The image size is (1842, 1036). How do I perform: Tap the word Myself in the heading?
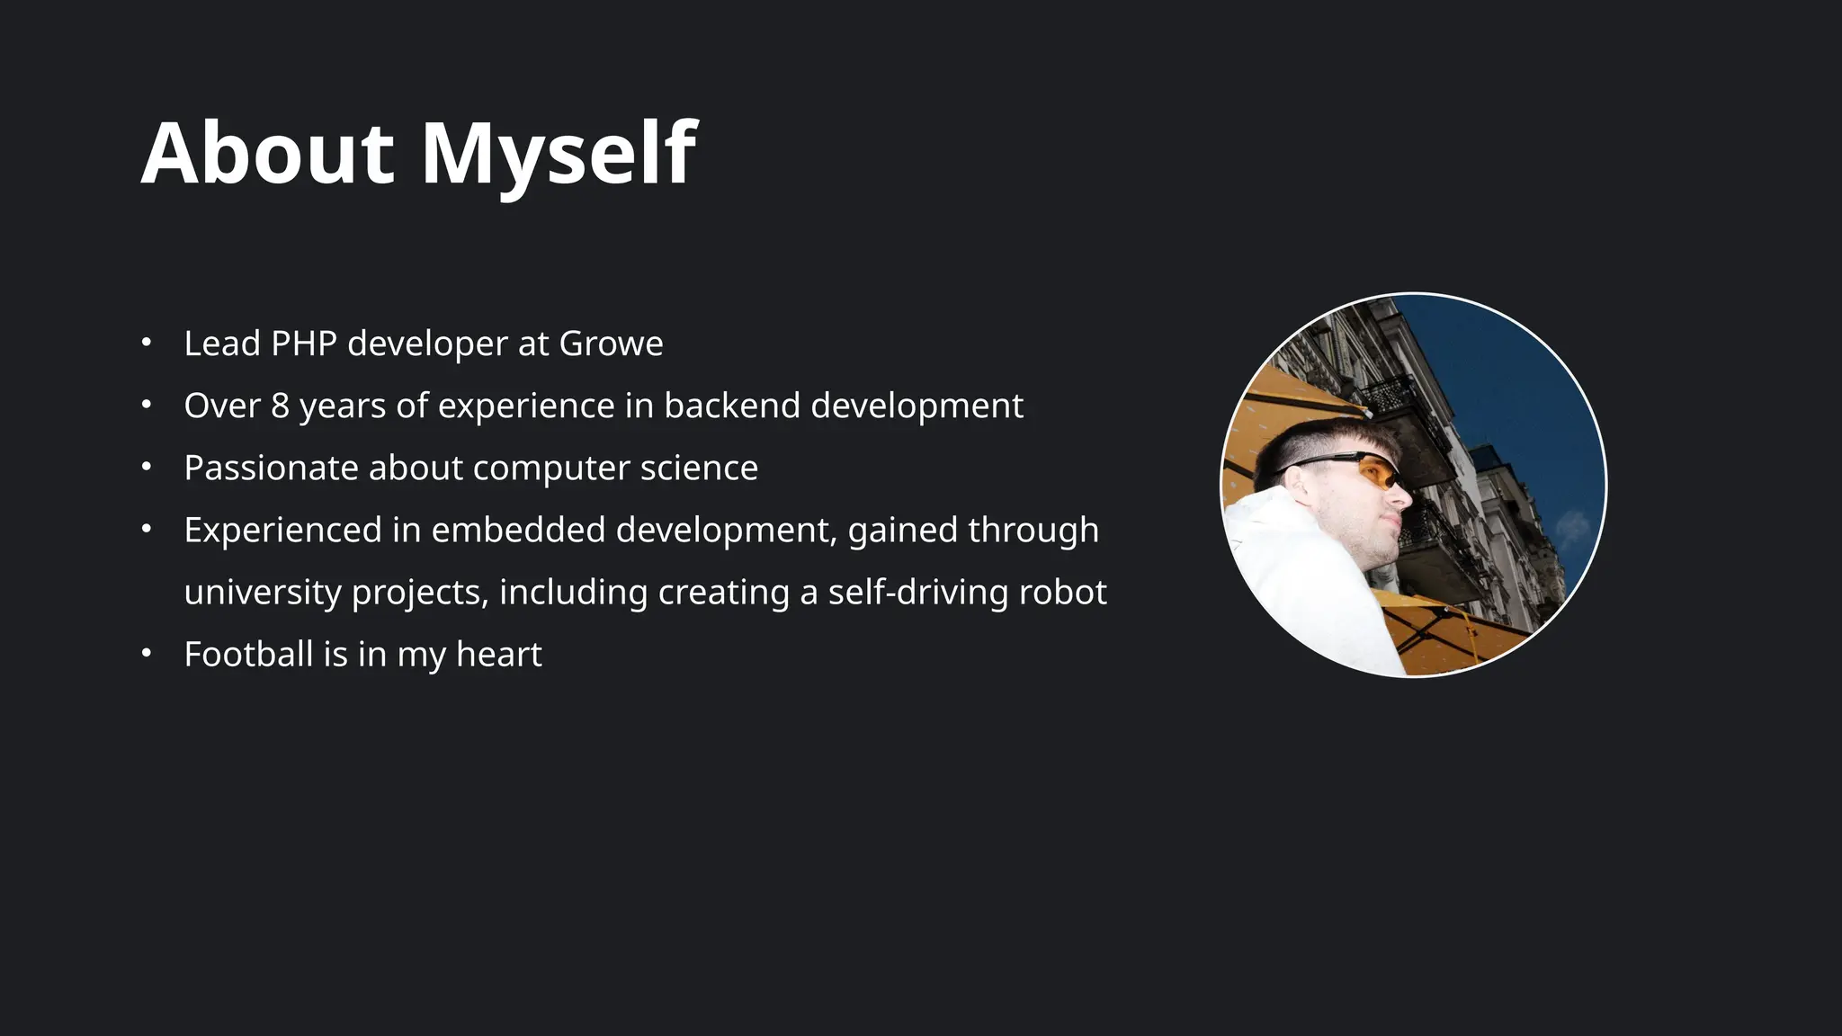click(559, 155)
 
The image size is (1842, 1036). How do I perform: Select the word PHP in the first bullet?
click(303, 344)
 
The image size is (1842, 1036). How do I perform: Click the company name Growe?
click(611, 344)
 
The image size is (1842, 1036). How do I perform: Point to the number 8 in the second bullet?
click(280, 406)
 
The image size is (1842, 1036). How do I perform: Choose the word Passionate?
click(271, 468)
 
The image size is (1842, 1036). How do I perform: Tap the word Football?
click(248, 654)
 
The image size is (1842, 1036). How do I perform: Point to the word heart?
click(498, 654)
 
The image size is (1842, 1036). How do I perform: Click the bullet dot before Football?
click(147, 653)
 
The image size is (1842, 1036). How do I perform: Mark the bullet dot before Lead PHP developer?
click(147, 343)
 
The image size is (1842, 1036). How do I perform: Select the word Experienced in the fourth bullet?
click(282, 530)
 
